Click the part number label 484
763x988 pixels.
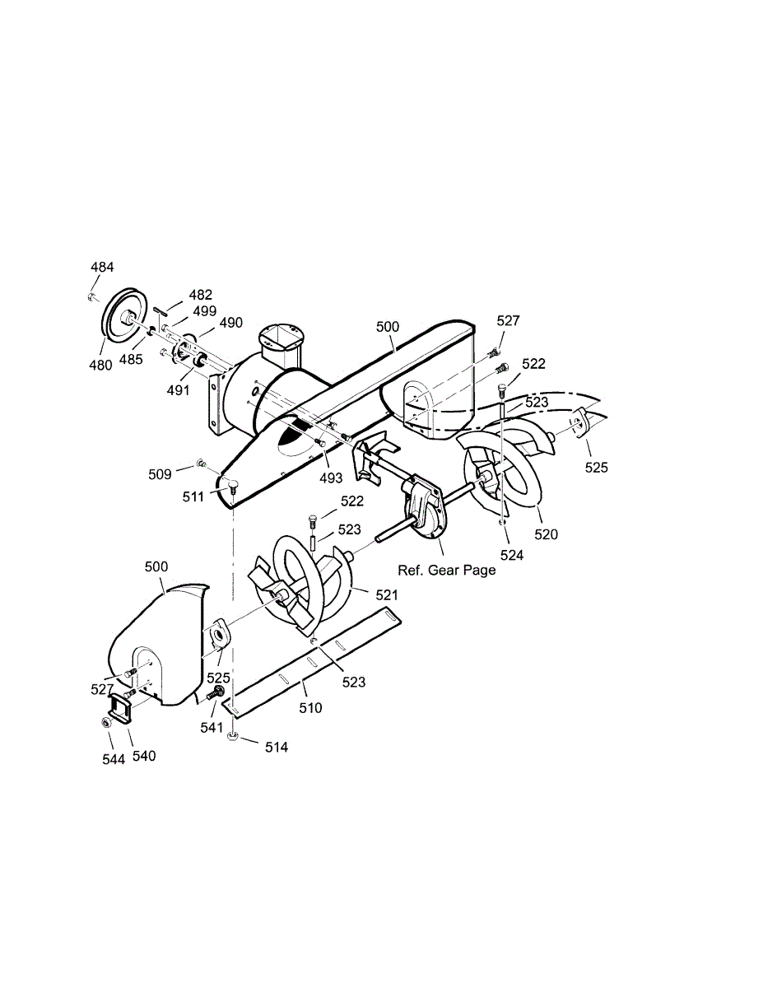pos(102,267)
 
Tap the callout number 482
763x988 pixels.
pos(200,295)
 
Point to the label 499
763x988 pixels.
pos(205,311)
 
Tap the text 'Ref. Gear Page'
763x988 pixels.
pos(447,570)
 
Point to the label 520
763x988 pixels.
pos(546,534)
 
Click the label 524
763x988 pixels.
pos(512,555)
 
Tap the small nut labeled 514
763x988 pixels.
pos(234,738)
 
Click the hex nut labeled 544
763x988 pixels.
pos(106,722)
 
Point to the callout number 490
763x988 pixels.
pos(231,323)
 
